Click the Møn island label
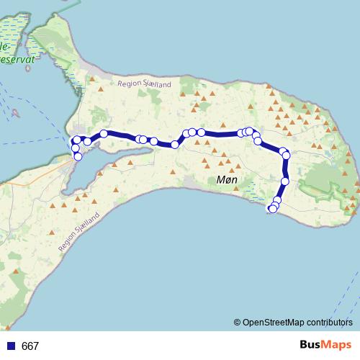click(227, 180)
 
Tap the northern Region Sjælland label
click(145, 85)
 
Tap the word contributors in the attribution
click(330, 323)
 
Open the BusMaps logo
click(326, 346)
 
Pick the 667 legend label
click(30, 346)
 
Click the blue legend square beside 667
click(11, 346)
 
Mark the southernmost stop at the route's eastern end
click(272, 210)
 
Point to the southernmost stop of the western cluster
click(78, 156)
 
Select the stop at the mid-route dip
click(175, 145)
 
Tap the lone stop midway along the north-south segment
click(285, 181)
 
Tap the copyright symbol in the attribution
click(237, 323)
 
